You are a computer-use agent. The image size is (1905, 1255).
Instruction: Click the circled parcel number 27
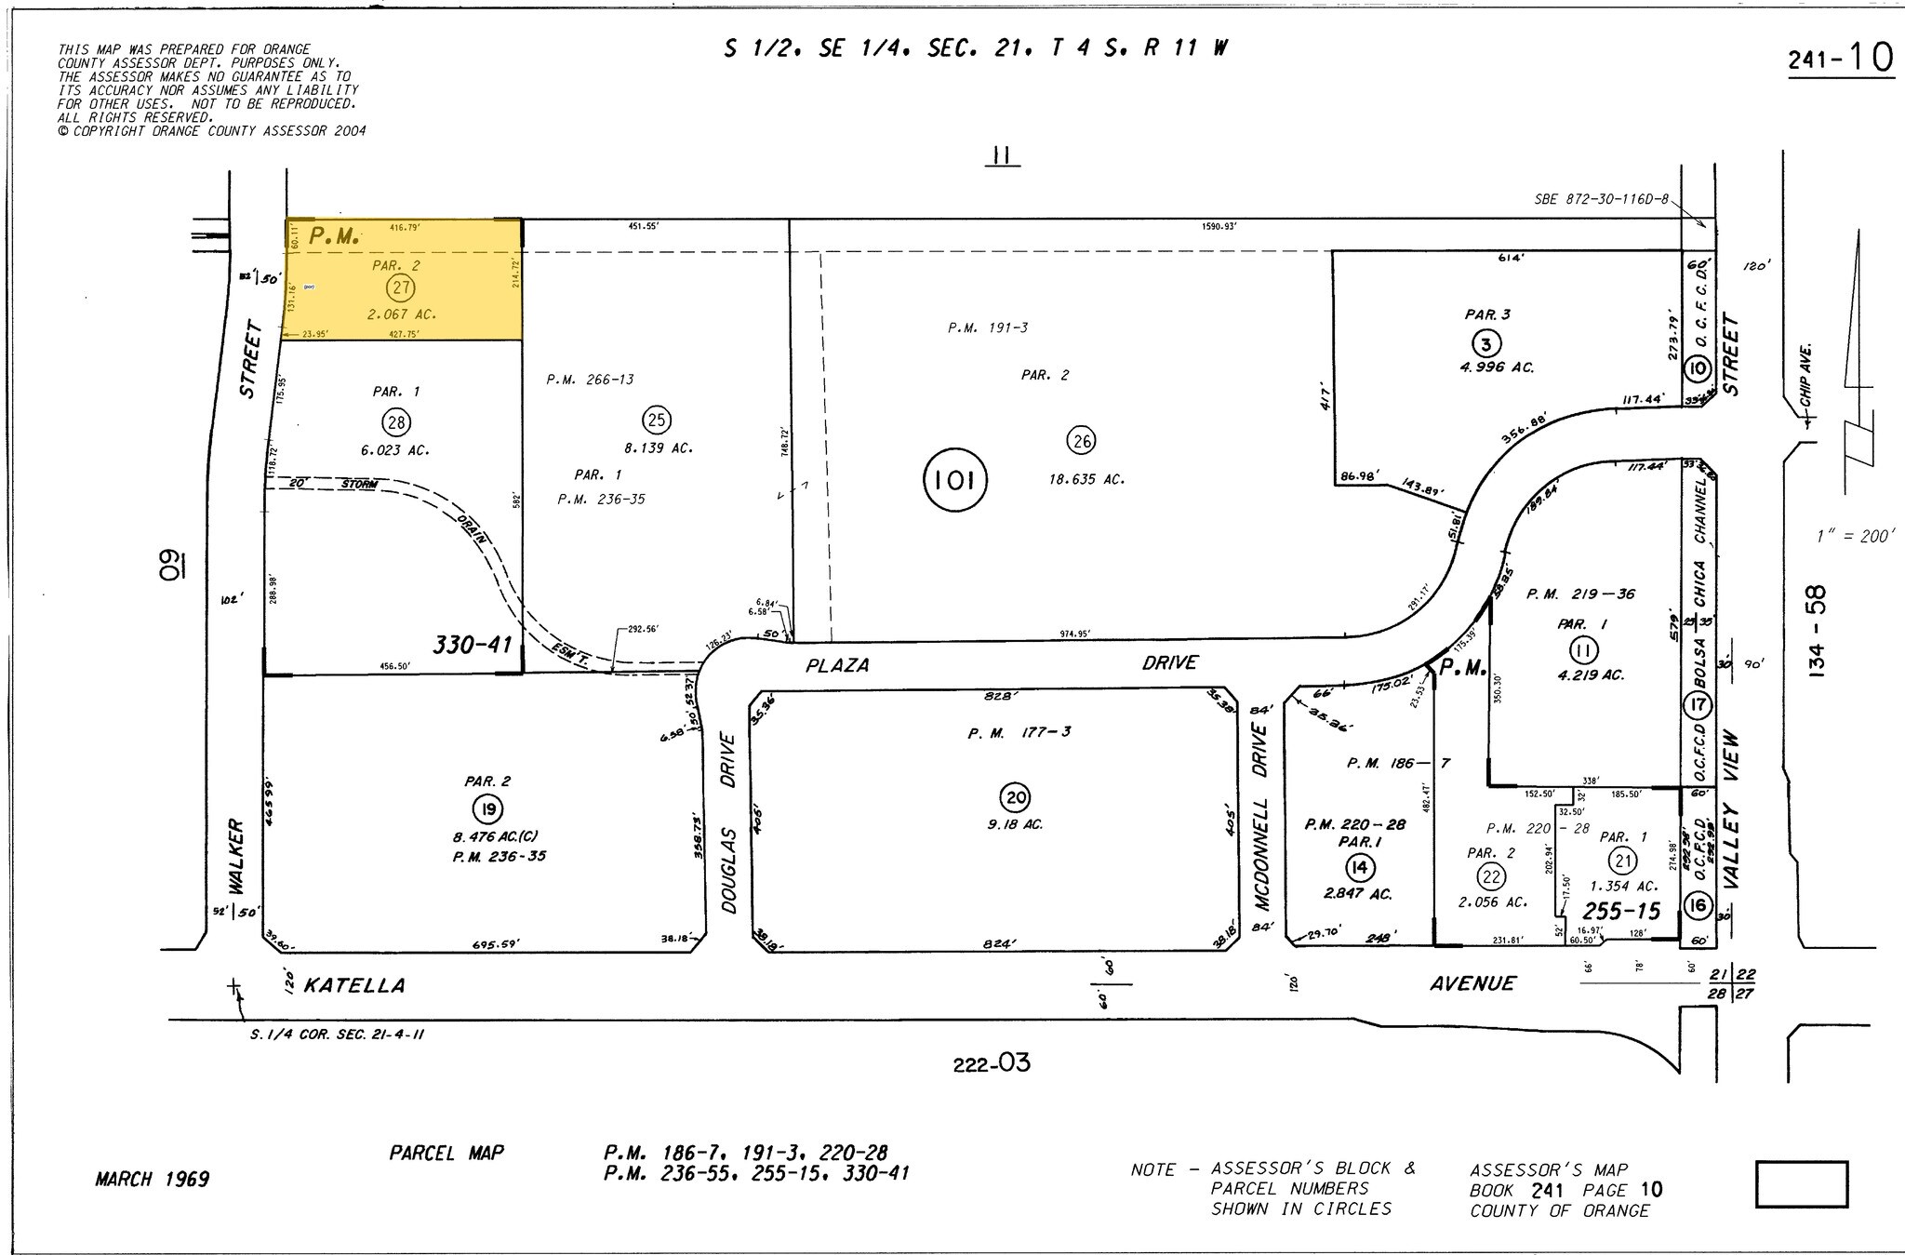401,287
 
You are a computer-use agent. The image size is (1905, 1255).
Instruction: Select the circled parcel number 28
397,423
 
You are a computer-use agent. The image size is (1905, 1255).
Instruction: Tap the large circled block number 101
954,480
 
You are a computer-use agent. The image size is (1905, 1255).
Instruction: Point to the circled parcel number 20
1015,797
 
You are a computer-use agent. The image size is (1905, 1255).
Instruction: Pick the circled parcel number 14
1359,868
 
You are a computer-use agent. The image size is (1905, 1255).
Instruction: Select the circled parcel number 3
1486,344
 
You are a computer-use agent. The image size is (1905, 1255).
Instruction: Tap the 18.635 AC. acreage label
1086,480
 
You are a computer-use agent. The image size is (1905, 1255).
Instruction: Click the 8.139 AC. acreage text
658,448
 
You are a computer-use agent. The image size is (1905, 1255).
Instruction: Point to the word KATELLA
354,985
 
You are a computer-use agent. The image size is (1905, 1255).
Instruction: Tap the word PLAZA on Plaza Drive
837,665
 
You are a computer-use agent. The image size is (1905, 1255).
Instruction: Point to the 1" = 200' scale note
1855,537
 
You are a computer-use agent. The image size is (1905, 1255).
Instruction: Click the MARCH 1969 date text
152,1180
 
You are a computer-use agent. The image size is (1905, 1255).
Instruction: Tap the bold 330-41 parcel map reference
473,644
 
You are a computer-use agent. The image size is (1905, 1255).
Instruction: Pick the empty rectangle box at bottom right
1801,1183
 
